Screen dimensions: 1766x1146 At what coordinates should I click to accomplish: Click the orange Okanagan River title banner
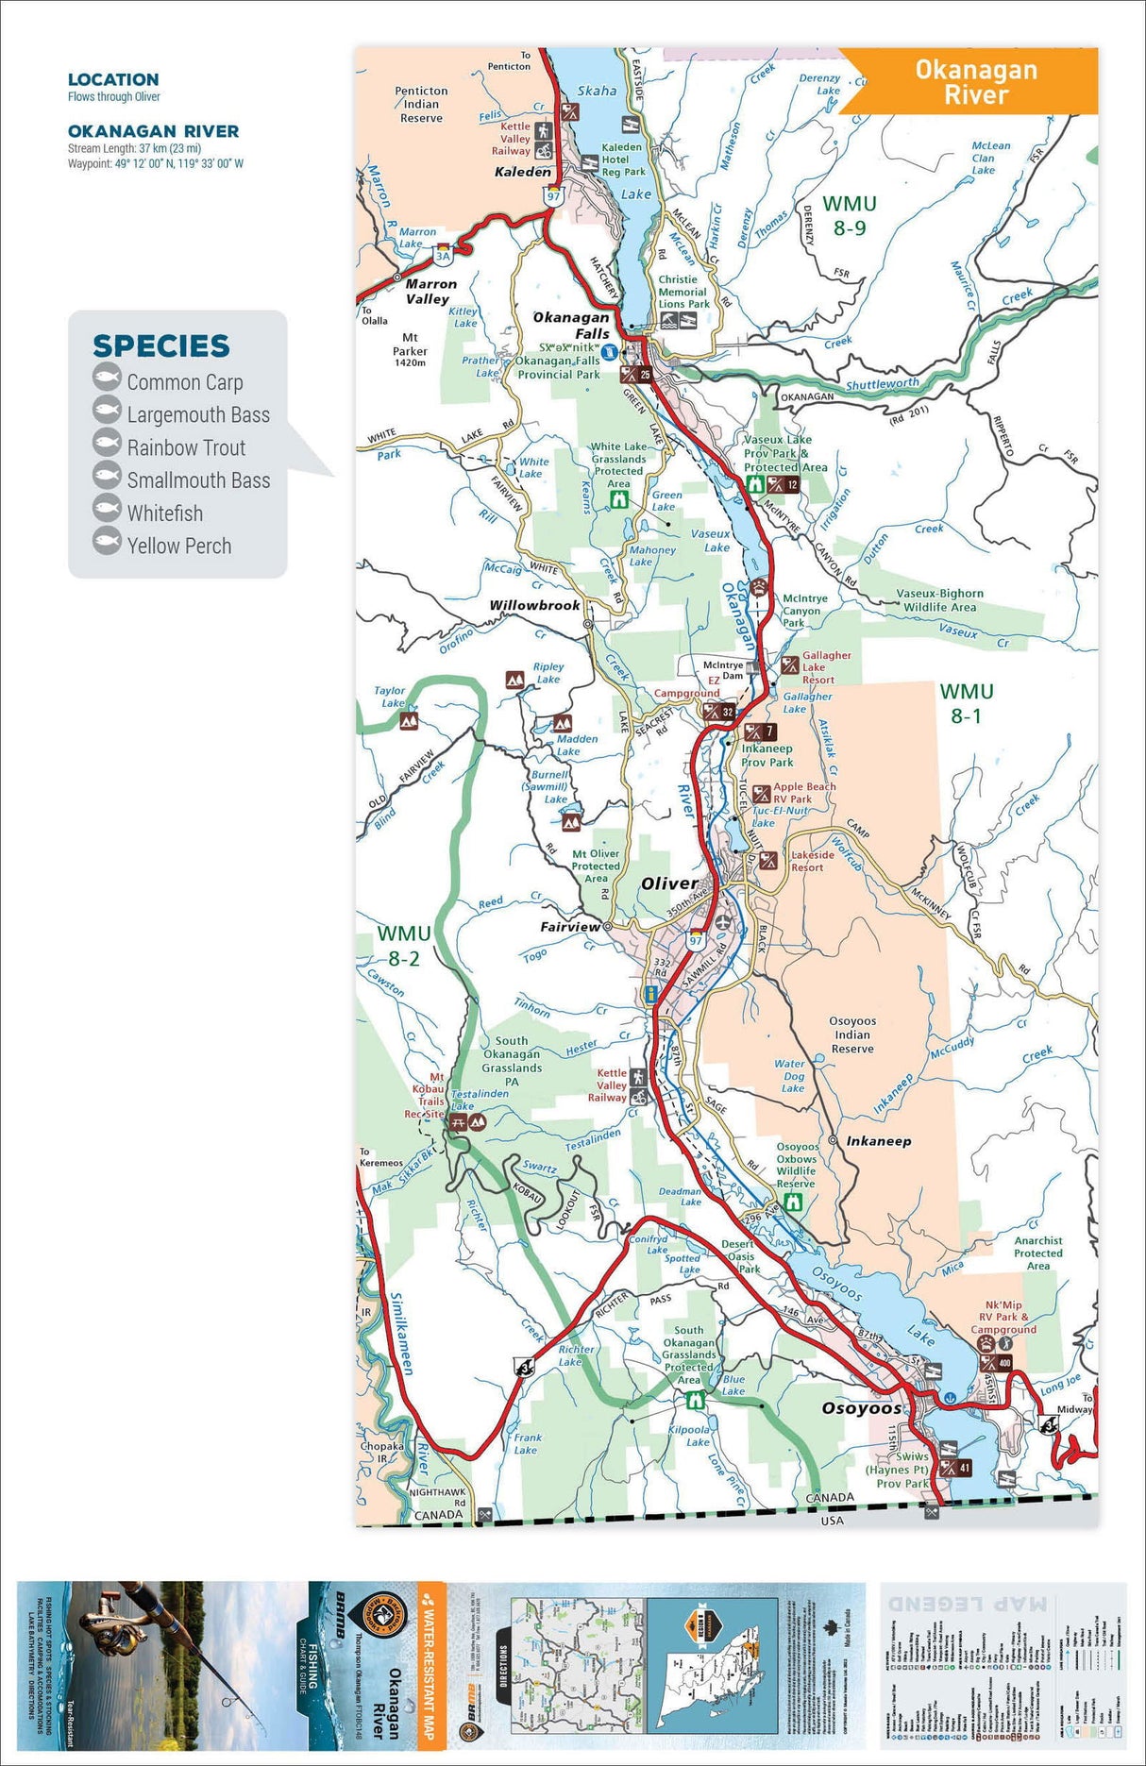pos(976,81)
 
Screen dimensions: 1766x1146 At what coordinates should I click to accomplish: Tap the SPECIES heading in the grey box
pos(161,346)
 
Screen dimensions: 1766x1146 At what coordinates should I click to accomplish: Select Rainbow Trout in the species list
pos(186,447)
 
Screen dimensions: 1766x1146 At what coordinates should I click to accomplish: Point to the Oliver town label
pos(669,883)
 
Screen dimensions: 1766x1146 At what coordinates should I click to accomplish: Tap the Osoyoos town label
pos(861,1408)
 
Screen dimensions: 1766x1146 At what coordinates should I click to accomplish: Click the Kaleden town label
pos(522,172)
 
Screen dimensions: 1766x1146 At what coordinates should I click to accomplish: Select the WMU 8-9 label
pos(849,215)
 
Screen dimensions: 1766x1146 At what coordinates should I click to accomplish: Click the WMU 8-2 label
pos(404,945)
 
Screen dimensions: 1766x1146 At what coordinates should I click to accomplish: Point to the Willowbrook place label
pos(534,605)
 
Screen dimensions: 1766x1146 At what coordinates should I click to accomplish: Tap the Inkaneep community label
pos(878,1141)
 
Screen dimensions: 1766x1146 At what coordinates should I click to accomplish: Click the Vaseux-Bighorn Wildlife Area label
pos(939,600)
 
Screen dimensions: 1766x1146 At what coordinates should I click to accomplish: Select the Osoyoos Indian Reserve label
pos(851,1034)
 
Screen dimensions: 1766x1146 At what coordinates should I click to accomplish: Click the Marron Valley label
pos(430,291)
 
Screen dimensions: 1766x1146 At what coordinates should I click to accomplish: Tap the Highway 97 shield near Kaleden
pos(553,196)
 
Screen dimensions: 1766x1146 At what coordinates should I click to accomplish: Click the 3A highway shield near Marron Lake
pos(444,255)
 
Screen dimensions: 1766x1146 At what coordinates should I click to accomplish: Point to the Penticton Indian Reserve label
pos(421,105)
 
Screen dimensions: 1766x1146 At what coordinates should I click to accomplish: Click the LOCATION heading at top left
pos(113,80)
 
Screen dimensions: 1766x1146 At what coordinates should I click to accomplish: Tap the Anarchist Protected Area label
pos(1037,1253)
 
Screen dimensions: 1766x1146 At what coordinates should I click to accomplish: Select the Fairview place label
pos(569,927)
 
